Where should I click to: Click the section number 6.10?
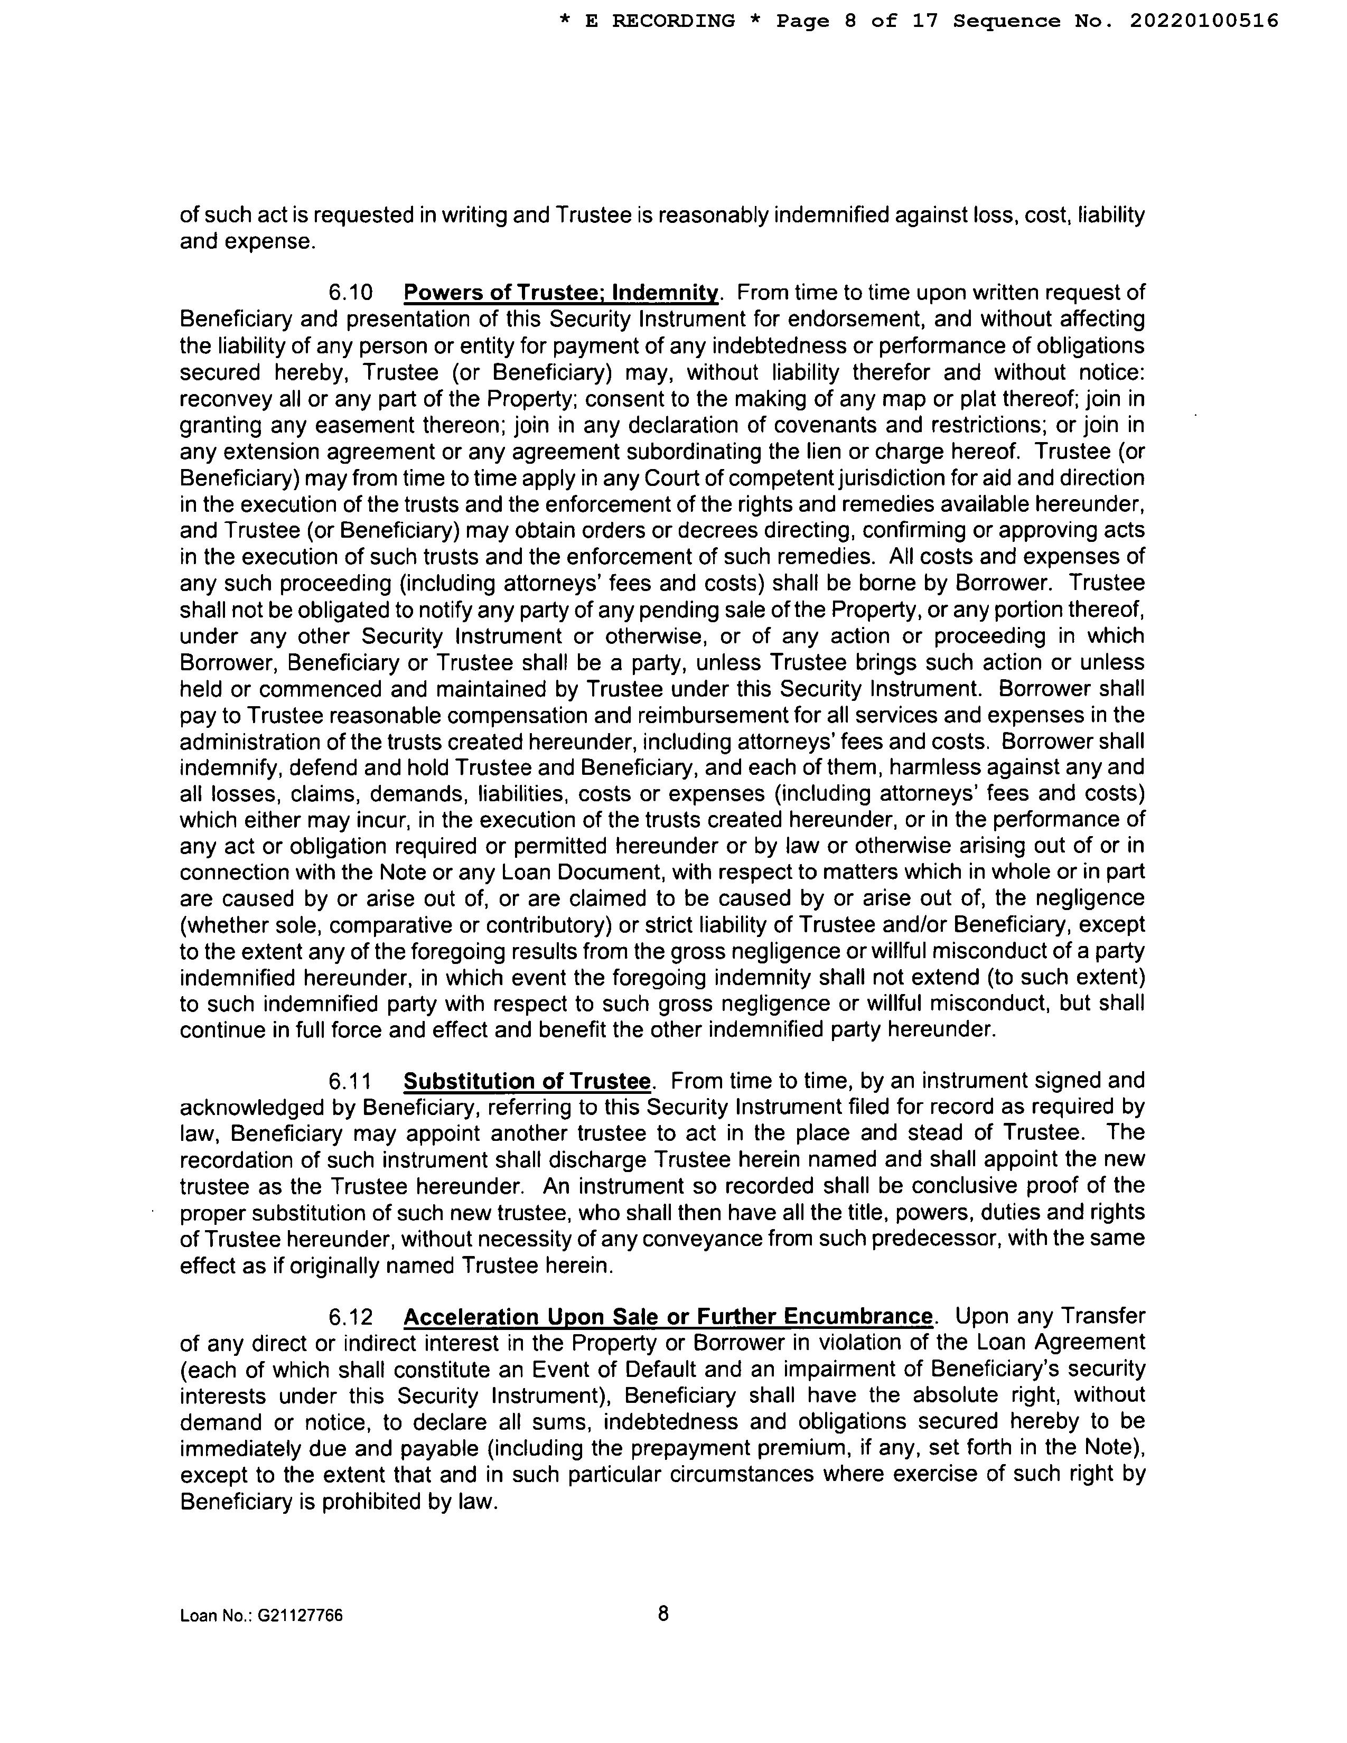tap(350, 293)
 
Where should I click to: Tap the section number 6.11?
tap(350, 1081)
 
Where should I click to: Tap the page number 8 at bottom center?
tap(663, 1614)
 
